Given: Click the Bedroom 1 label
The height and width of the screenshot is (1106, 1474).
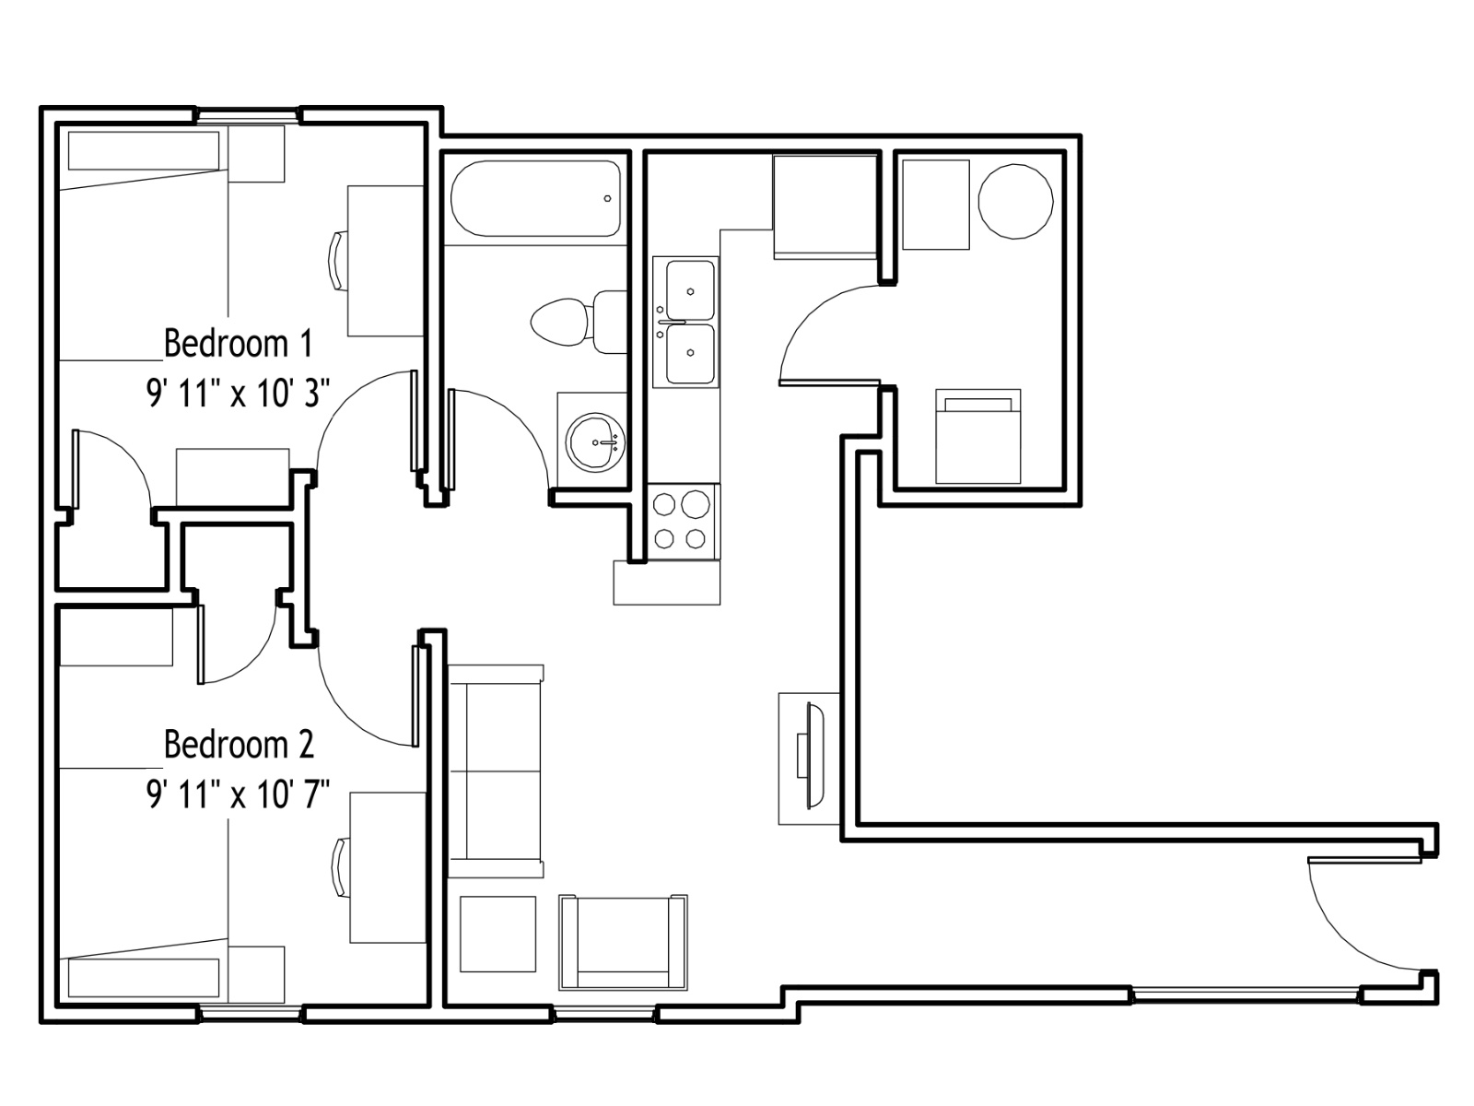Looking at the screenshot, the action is click(x=239, y=343).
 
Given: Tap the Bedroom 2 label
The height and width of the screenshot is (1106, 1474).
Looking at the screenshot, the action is click(x=239, y=744).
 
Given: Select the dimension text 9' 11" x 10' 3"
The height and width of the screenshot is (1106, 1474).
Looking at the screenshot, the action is click(x=239, y=393).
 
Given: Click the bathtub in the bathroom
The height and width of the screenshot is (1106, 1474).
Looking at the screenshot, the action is click(x=535, y=198).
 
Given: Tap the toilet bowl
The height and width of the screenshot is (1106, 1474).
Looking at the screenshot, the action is click(x=558, y=322).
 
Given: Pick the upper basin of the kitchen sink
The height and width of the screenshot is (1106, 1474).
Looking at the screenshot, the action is click(x=690, y=290).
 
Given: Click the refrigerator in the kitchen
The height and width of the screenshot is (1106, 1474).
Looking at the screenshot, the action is click(x=825, y=206).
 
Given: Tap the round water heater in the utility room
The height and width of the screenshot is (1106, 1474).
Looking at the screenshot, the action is click(x=1015, y=201).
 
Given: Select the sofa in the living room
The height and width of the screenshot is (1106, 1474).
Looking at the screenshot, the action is click(x=496, y=771).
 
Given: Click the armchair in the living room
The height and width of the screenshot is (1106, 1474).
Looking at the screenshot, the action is click(x=623, y=942).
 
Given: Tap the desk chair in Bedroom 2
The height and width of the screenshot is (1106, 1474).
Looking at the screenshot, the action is click(x=341, y=867).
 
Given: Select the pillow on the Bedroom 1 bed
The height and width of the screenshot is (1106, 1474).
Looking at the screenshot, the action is click(x=144, y=150).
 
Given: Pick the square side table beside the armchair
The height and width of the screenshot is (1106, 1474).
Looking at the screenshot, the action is click(x=497, y=934).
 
